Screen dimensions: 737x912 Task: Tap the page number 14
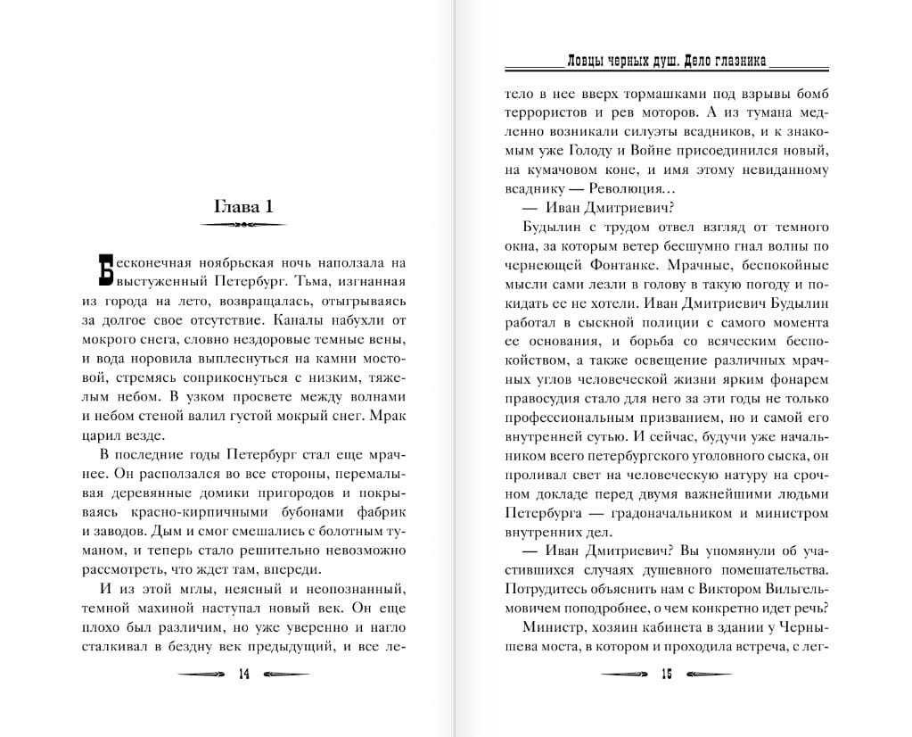click(x=244, y=674)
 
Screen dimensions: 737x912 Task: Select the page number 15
click(x=665, y=674)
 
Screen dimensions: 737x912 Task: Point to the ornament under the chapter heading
click(x=243, y=225)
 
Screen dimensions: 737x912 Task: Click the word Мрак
click(x=385, y=416)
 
